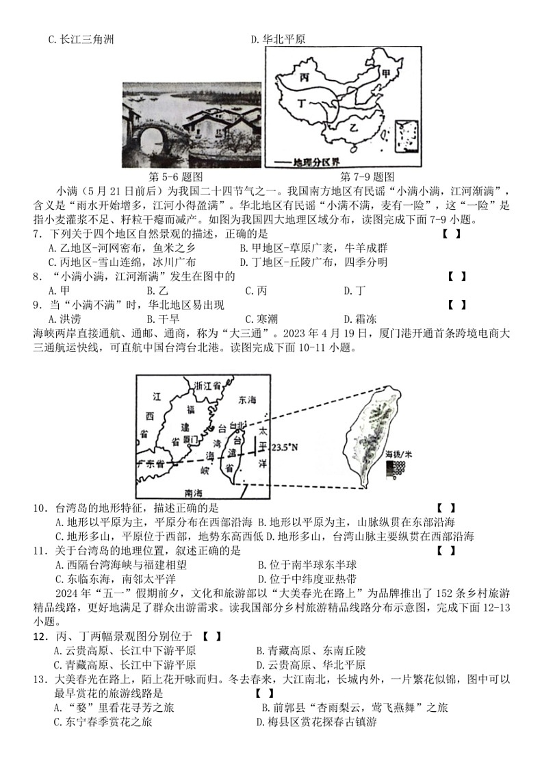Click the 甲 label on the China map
[387, 73]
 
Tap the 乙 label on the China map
[355, 128]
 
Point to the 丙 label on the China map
[302, 77]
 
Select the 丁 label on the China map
[303, 103]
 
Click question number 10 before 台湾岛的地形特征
[40, 508]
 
